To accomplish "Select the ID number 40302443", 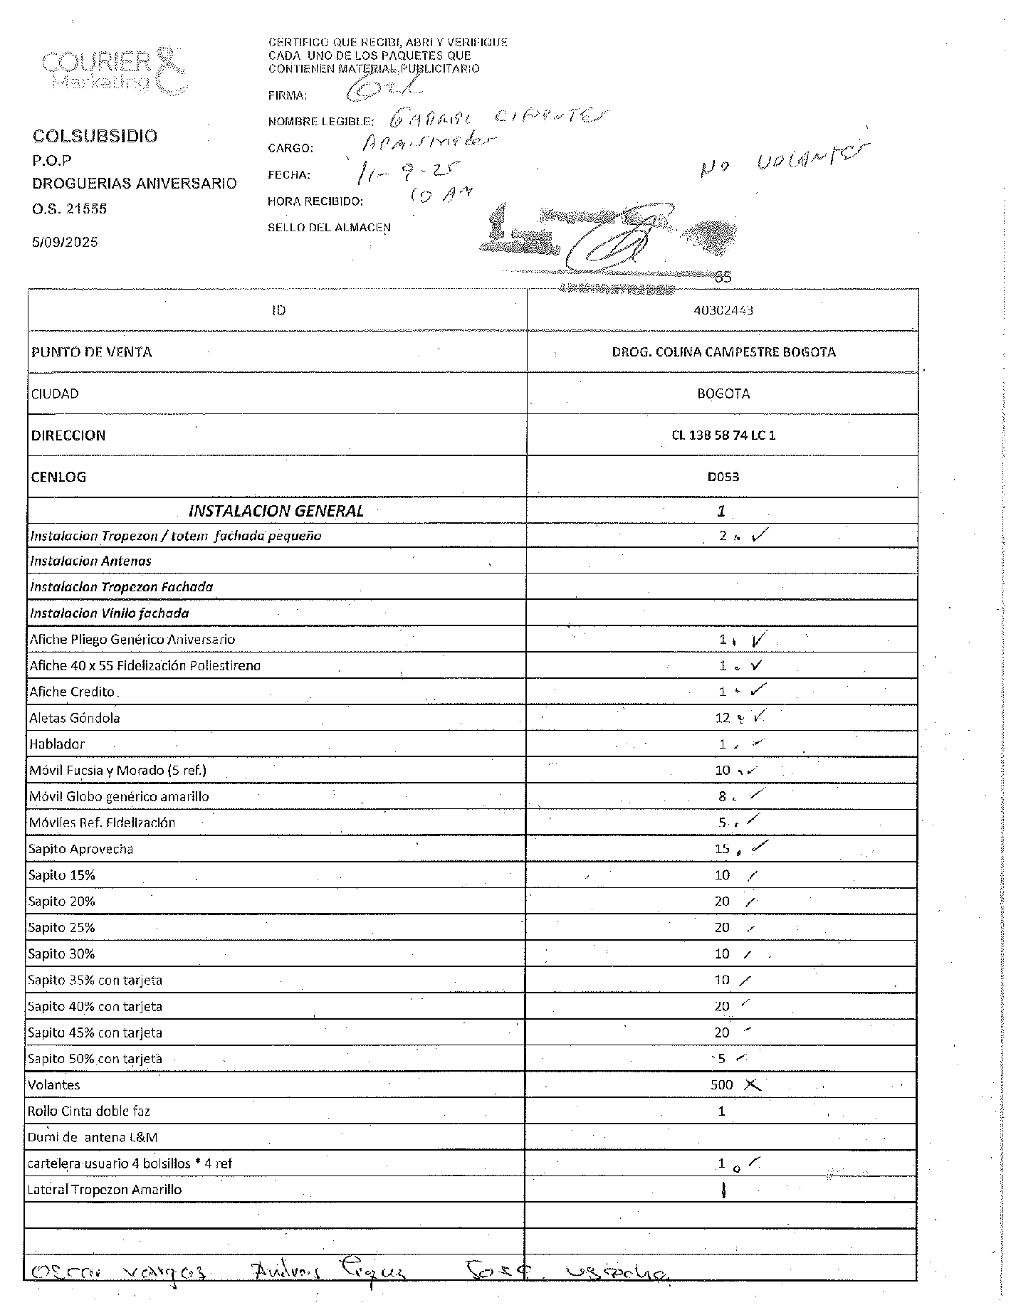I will pos(723,310).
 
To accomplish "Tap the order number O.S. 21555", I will pos(69,209).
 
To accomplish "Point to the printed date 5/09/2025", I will pos(65,242).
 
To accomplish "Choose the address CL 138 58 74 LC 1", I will pos(723,435).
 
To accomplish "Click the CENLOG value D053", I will pos(723,477).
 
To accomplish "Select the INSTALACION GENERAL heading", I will pos(276,511).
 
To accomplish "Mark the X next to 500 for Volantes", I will pos(752,1085).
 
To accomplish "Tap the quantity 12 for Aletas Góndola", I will pos(723,718).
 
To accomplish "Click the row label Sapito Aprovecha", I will pos(80,849).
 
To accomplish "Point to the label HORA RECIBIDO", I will pos(315,201).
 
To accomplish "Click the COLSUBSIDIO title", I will pos(95,136).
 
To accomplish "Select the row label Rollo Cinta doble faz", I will pos(89,1111).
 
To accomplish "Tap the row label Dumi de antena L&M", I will pos(92,1137).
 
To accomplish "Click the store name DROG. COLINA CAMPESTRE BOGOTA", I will pos(723,352).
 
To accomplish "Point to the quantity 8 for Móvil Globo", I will pos(722,797).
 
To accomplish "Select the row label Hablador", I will pos(57,744).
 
